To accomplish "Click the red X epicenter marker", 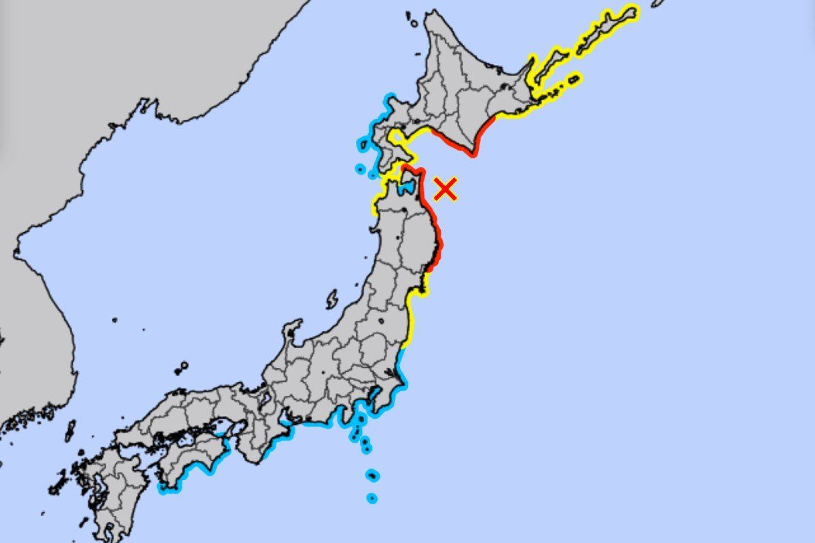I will (x=445, y=189).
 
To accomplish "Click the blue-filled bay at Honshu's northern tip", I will (x=408, y=185).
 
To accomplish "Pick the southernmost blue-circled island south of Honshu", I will (x=372, y=498).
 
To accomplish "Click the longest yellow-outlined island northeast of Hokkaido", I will (x=608, y=27).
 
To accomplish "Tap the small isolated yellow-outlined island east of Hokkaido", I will (x=574, y=79).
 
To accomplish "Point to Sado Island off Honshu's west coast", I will (x=332, y=299).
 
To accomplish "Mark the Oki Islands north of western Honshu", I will (x=181, y=369).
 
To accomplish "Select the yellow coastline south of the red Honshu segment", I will (x=411, y=319).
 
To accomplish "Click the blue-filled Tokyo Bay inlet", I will (x=372, y=402).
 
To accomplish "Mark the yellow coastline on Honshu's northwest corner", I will (x=375, y=204).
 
